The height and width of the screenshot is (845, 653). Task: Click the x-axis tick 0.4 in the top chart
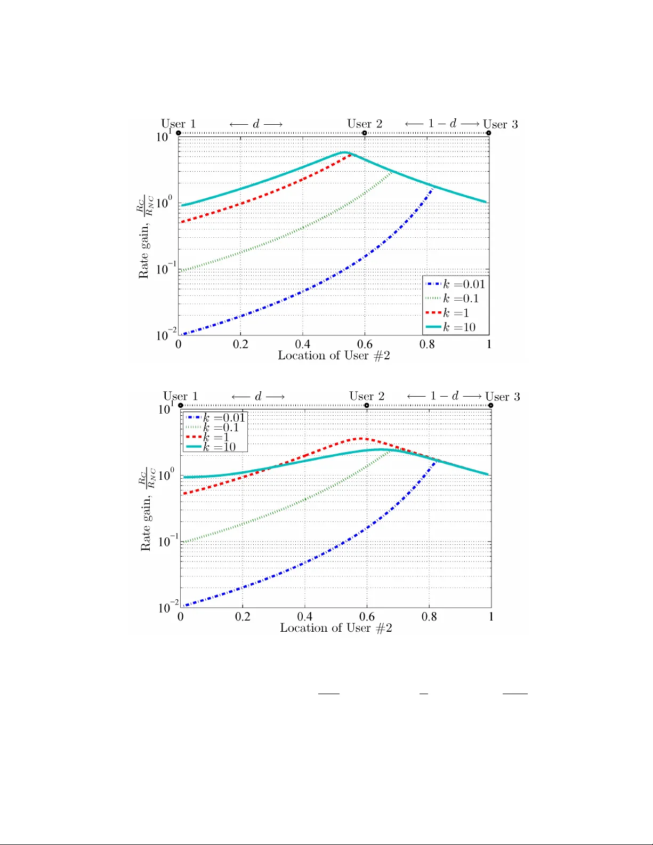tap(303, 344)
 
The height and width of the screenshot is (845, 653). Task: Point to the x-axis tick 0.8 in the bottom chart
tap(429, 617)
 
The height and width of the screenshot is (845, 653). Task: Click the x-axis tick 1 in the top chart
tap(489, 344)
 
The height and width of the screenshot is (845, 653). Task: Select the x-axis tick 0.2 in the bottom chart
tap(243, 617)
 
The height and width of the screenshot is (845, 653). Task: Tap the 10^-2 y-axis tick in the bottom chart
tap(168, 607)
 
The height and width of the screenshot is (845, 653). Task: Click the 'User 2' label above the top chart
tap(365, 124)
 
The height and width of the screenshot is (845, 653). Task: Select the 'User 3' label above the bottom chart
tap(502, 397)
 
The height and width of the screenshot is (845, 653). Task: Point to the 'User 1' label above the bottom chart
tap(180, 396)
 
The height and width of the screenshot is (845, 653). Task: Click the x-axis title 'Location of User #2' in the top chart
tap(334, 356)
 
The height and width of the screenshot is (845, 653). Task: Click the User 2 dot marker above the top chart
tap(365, 133)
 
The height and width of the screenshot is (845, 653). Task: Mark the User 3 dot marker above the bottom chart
tap(490, 406)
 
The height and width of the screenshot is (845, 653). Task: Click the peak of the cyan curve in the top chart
tap(344, 152)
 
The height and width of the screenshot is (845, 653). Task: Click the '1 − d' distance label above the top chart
tap(442, 124)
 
